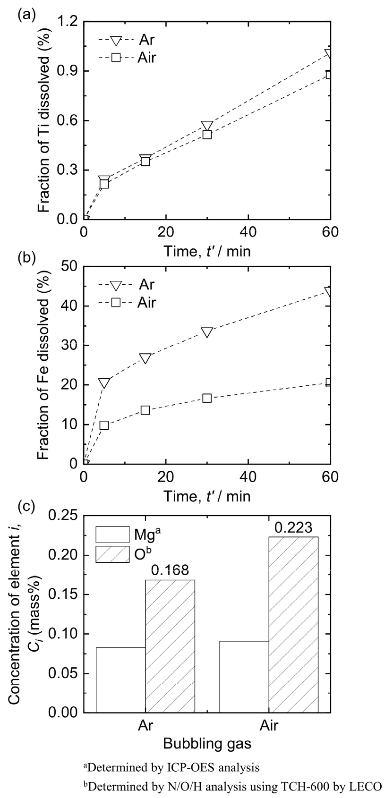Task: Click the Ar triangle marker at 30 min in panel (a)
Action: tap(207, 126)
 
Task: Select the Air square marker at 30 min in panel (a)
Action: tap(207, 135)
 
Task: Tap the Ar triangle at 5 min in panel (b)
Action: tap(104, 383)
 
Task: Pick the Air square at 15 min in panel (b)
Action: tap(145, 410)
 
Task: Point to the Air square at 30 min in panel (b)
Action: tap(207, 398)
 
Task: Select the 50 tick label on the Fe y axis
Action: tap(69, 267)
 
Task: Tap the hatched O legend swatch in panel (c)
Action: tap(112, 554)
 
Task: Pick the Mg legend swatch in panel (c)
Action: tap(112, 535)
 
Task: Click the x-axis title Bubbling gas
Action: tap(207, 744)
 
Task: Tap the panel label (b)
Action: tap(26, 259)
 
